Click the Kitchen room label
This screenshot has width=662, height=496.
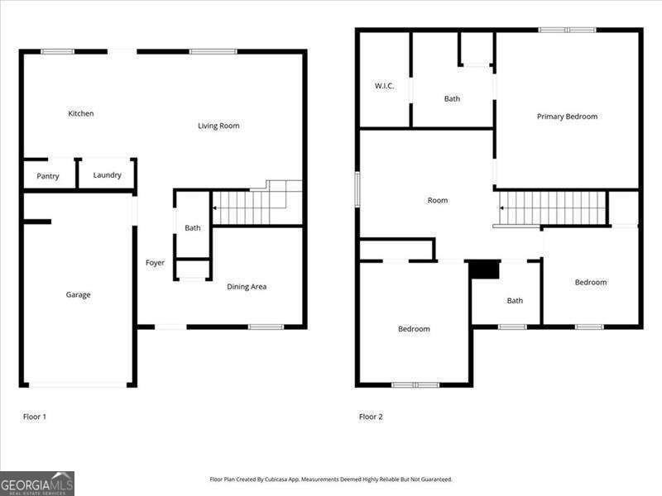(x=80, y=113)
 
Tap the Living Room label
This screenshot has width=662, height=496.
(x=218, y=126)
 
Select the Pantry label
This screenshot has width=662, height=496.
(x=48, y=176)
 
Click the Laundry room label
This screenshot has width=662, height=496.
(x=107, y=175)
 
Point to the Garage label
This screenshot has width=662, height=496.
(x=79, y=295)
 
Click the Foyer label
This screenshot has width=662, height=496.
(x=155, y=263)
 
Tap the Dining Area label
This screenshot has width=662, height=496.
(x=247, y=287)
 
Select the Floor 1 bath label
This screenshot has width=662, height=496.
(x=193, y=228)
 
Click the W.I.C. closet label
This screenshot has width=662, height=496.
(x=384, y=86)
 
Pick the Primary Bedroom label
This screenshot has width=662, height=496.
(x=567, y=117)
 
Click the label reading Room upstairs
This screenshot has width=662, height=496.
(x=437, y=200)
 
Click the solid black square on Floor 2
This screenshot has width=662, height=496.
(x=485, y=269)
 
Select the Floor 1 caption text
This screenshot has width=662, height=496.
(x=34, y=417)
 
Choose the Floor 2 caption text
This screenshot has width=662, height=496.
(x=371, y=417)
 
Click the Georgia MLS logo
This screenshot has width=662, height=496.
(x=37, y=483)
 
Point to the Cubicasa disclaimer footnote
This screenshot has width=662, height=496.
(x=331, y=479)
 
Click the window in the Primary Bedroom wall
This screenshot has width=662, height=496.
(x=567, y=31)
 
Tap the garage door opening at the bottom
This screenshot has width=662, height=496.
(x=79, y=384)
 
